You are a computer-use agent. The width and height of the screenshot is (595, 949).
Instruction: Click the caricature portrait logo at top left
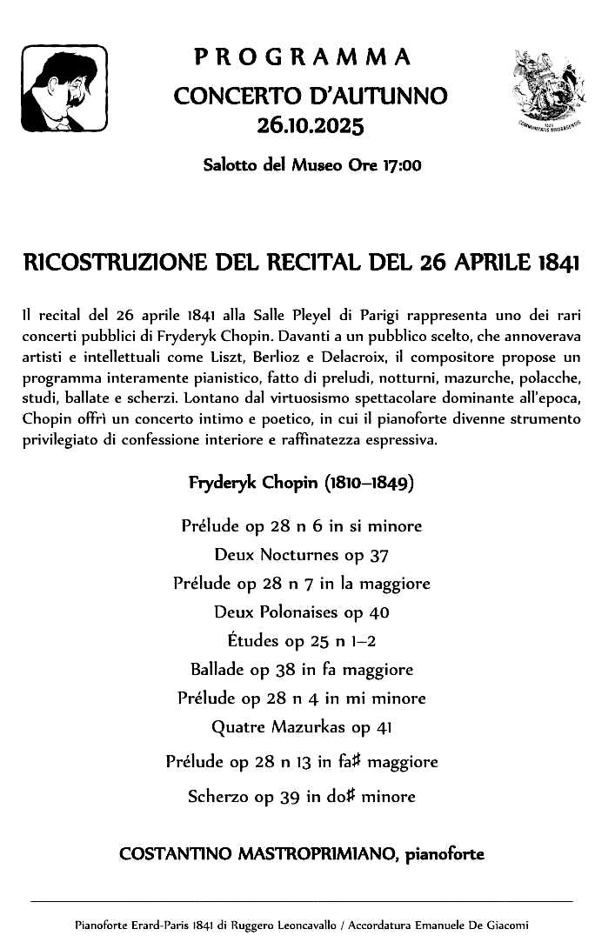(x=64, y=88)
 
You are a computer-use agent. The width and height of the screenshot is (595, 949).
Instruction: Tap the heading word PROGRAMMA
(x=302, y=58)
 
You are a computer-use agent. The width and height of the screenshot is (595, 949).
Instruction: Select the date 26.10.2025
(x=310, y=128)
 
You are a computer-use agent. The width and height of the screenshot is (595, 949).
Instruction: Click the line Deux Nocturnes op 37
(x=301, y=555)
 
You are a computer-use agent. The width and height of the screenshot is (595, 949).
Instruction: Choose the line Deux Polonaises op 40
(x=301, y=612)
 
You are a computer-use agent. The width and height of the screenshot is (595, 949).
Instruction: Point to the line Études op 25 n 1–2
(x=301, y=641)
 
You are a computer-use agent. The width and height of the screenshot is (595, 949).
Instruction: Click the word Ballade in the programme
(x=217, y=670)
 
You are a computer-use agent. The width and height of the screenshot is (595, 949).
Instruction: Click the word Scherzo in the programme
(x=218, y=796)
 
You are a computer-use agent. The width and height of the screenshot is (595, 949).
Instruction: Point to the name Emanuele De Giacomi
(x=477, y=926)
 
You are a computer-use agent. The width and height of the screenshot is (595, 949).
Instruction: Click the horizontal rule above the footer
(x=301, y=901)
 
